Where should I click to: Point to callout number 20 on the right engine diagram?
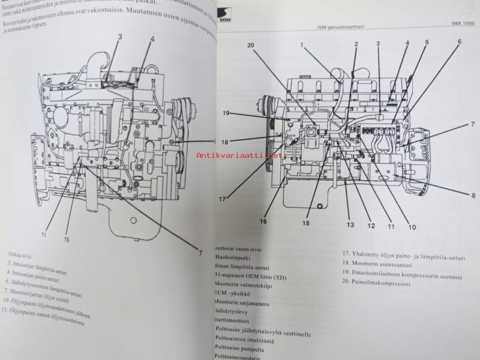pos(251,45)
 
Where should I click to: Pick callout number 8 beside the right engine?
pos(458,196)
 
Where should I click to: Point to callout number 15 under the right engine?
pos(306,223)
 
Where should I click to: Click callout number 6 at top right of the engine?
pos(460,41)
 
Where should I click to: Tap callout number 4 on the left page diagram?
pos(151,39)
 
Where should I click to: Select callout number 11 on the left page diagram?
pos(44,234)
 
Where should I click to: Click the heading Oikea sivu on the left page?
pos(19,254)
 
